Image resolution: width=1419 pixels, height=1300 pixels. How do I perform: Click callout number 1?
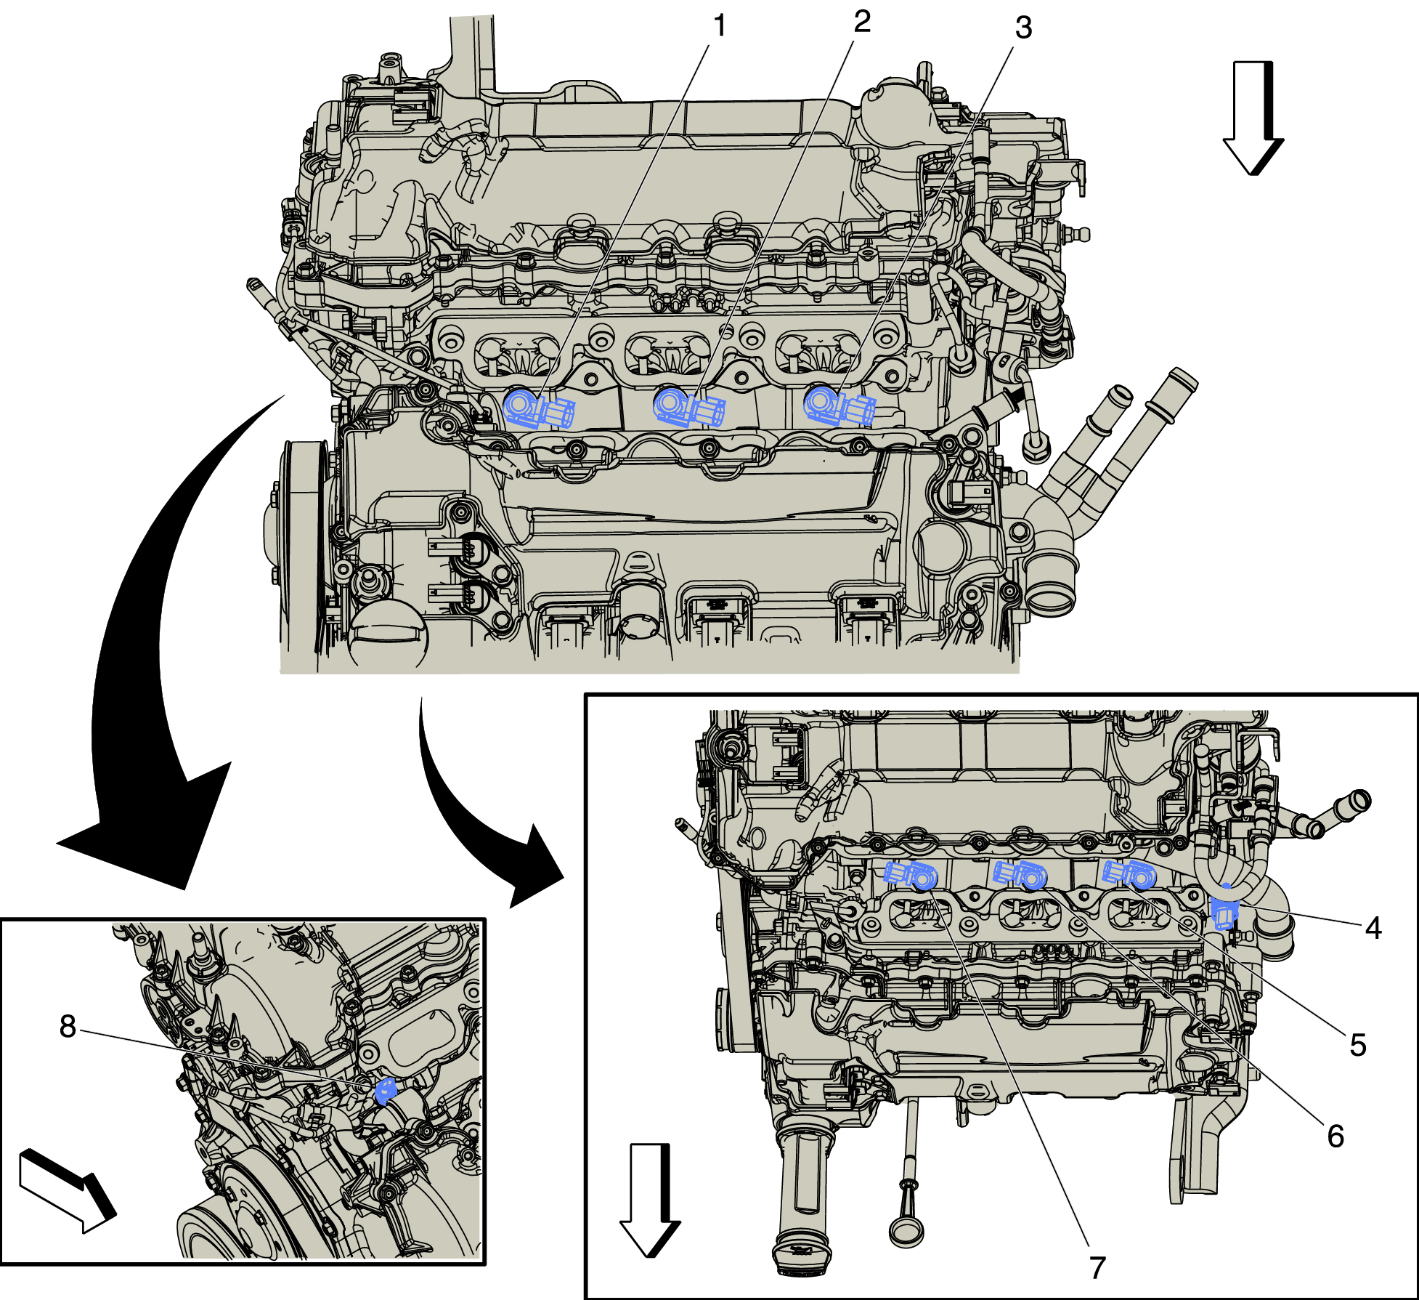point(719,26)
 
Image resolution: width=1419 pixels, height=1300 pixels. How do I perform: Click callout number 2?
point(861,22)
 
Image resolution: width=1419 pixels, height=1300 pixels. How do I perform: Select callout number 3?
point(1023,28)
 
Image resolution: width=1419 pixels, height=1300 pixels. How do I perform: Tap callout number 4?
point(1373,928)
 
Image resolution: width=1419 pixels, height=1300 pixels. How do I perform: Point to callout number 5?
point(1357,1045)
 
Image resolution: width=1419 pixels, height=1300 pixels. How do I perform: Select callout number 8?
point(68,1027)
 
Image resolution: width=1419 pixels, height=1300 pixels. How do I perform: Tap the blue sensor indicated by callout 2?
point(688,408)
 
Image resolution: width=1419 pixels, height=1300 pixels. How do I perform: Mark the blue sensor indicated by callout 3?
point(839,405)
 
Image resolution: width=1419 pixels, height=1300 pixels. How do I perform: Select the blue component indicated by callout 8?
point(386,1091)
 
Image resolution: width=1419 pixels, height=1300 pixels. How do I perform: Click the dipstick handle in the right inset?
point(906,1228)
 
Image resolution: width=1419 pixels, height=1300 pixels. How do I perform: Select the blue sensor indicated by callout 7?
point(911,875)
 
